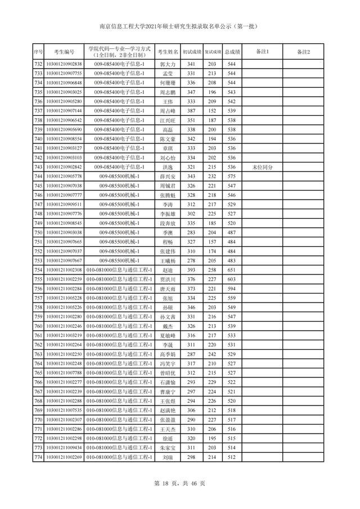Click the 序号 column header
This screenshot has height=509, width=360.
pos(38,52)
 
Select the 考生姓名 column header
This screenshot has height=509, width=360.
pos(168,52)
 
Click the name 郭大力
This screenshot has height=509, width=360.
pos(168,65)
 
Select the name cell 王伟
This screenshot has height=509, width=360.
pos(168,101)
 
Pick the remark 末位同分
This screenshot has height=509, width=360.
pos(263,167)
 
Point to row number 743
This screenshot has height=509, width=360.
pos(38,167)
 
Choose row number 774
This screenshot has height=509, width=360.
pos(38,458)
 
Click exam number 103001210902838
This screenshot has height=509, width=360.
pos(64,65)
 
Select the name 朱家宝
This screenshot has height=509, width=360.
pos(168,448)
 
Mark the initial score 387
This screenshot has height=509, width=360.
pos(191,111)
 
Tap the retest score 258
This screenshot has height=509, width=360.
pos(212,271)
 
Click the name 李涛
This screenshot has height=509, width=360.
pos(168,204)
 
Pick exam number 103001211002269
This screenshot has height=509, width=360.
pos(64,458)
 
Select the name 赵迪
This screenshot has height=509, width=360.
pos(168,271)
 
